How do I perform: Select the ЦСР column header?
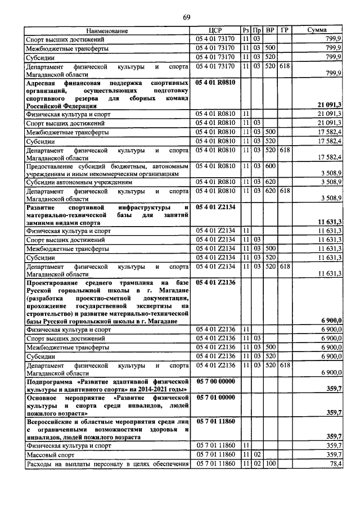click(217, 30)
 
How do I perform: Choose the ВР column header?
click(270, 30)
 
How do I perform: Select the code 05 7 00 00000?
click(217, 381)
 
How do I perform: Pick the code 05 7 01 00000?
click(217, 397)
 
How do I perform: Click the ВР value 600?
click(270, 166)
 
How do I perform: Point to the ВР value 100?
click(270, 463)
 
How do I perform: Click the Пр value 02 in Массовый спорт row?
click(256, 454)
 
